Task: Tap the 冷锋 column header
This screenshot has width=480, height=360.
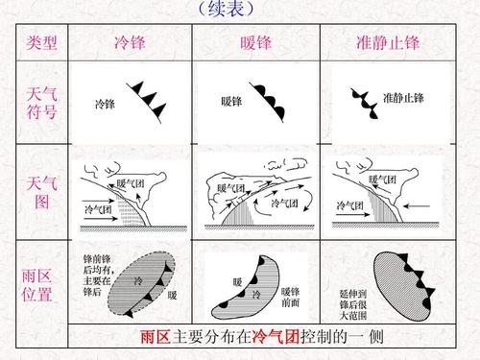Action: pos(131,44)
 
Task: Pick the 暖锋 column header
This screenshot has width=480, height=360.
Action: pos(255,44)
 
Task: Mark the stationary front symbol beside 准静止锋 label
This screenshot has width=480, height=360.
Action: pos(363,101)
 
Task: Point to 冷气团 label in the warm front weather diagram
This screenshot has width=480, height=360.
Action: pos(286,204)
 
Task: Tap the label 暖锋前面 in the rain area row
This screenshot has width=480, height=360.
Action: pos(291,296)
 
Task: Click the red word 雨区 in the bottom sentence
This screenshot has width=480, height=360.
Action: pos(156,339)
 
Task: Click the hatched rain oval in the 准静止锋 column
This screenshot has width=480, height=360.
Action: pos(408,283)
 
